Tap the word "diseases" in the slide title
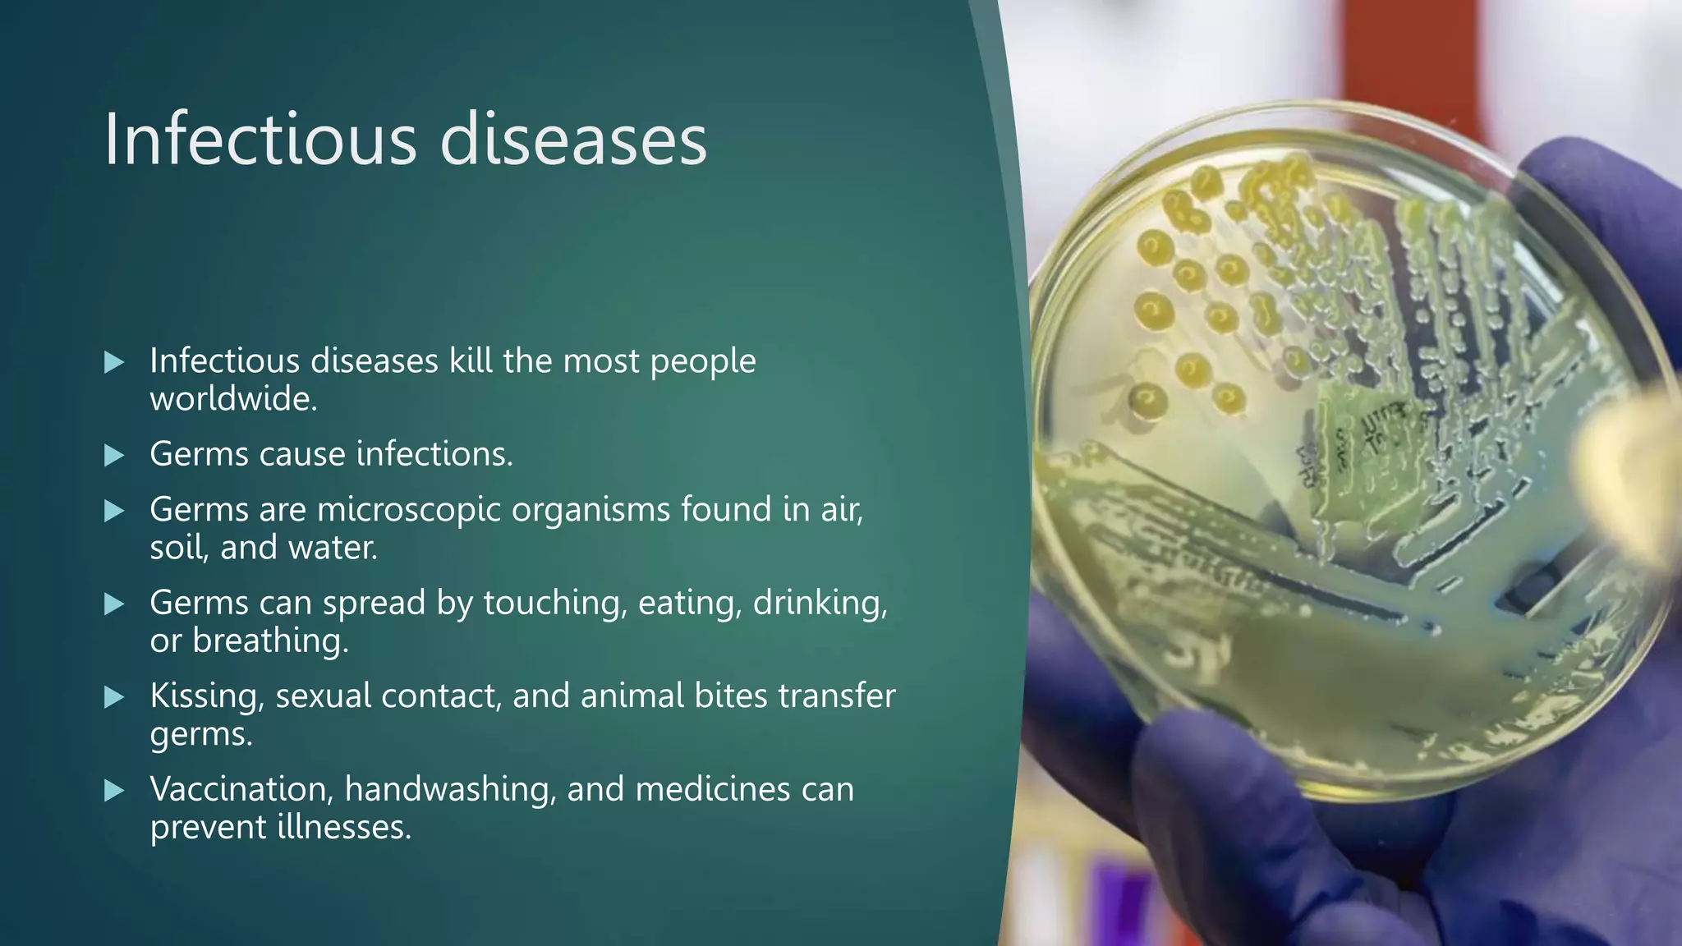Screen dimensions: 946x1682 [x=572, y=140]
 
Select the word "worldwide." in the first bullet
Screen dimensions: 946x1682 [x=233, y=399]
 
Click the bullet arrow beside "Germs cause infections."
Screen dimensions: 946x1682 [x=114, y=455]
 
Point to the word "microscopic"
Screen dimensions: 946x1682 [x=409, y=510]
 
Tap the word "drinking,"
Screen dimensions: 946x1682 [x=820, y=603]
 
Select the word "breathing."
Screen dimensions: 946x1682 [x=270, y=641]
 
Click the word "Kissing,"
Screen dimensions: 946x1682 [x=207, y=696]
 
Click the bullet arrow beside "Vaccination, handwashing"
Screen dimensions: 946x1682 [x=114, y=791]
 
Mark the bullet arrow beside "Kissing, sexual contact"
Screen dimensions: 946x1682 [x=114, y=698]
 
